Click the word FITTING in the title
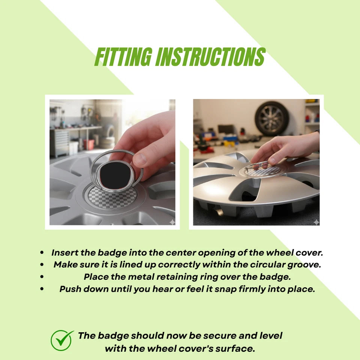pos(123,57)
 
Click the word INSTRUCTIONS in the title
pos(210,57)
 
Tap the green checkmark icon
pos(61,340)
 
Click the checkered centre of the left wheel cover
pos(112,197)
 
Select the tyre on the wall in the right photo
pos(272,118)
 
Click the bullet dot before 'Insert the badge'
pos(42,253)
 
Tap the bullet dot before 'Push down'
pos(42,289)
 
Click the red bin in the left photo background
pos(88,144)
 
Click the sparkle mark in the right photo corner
pos(316,222)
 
